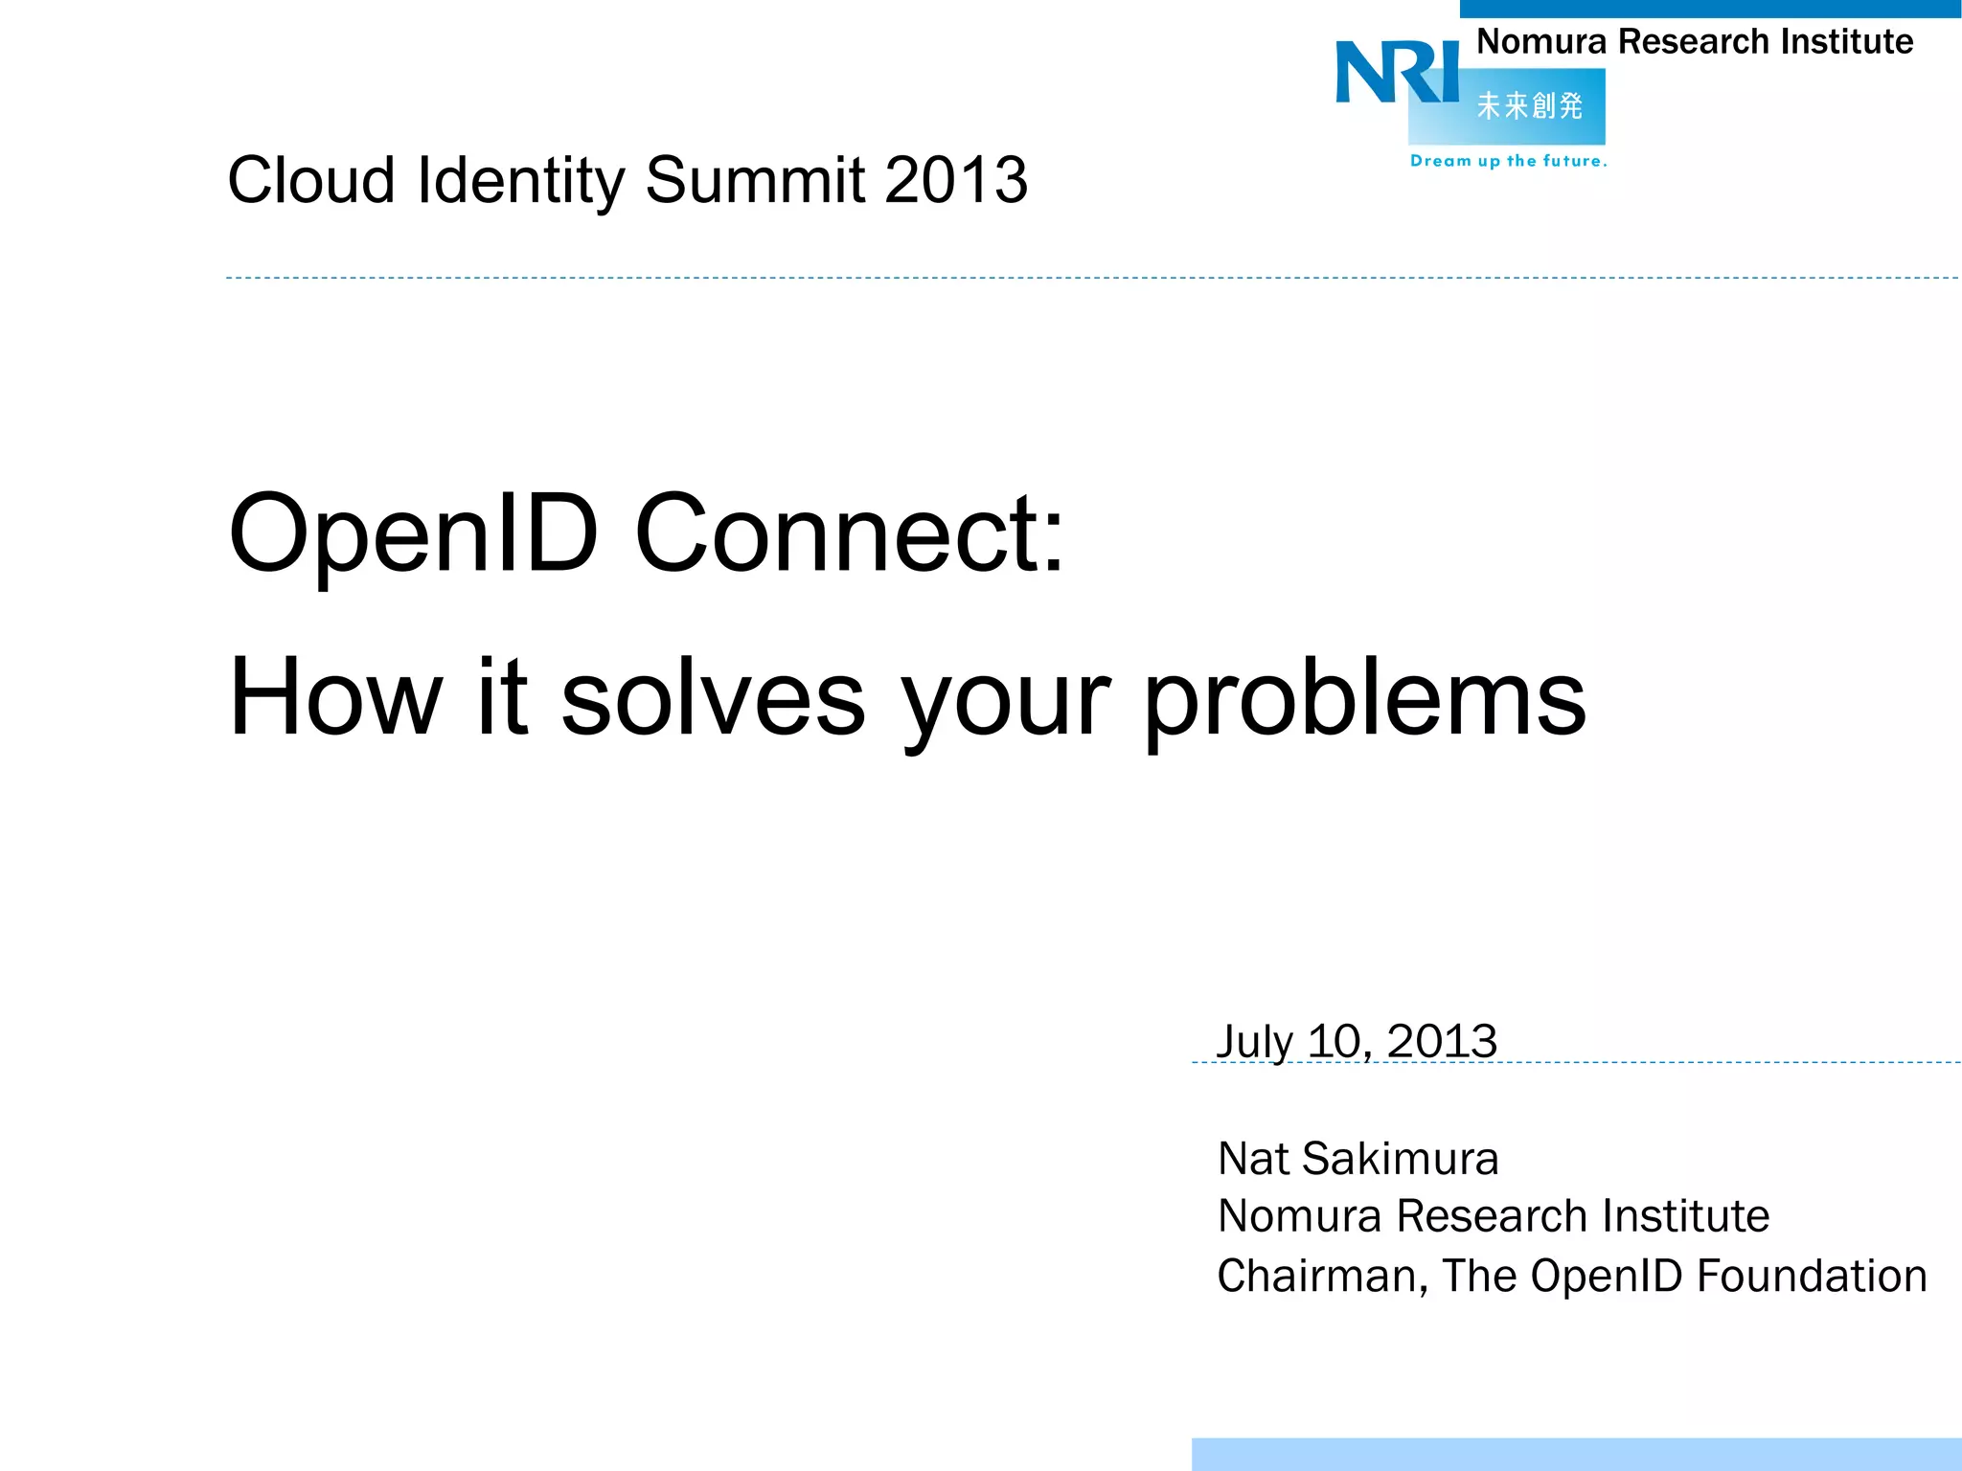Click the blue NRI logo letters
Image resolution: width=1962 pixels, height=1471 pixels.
tap(1397, 72)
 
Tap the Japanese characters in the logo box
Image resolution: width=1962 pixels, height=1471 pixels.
tap(1529, 105)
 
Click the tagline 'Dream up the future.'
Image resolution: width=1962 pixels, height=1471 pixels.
tap(1508, 161)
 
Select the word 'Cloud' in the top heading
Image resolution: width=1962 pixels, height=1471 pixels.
tap(311, 180)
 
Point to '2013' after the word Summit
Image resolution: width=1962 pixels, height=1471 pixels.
tap(955, 180)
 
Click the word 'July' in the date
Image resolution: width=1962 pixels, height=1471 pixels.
tap(1254, 1042)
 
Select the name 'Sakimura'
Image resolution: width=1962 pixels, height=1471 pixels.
tap(1401, 1159)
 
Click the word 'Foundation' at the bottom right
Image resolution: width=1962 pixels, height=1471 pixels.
tap(1812, 1277)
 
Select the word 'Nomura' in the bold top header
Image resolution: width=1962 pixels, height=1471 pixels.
tap(1540, 42)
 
